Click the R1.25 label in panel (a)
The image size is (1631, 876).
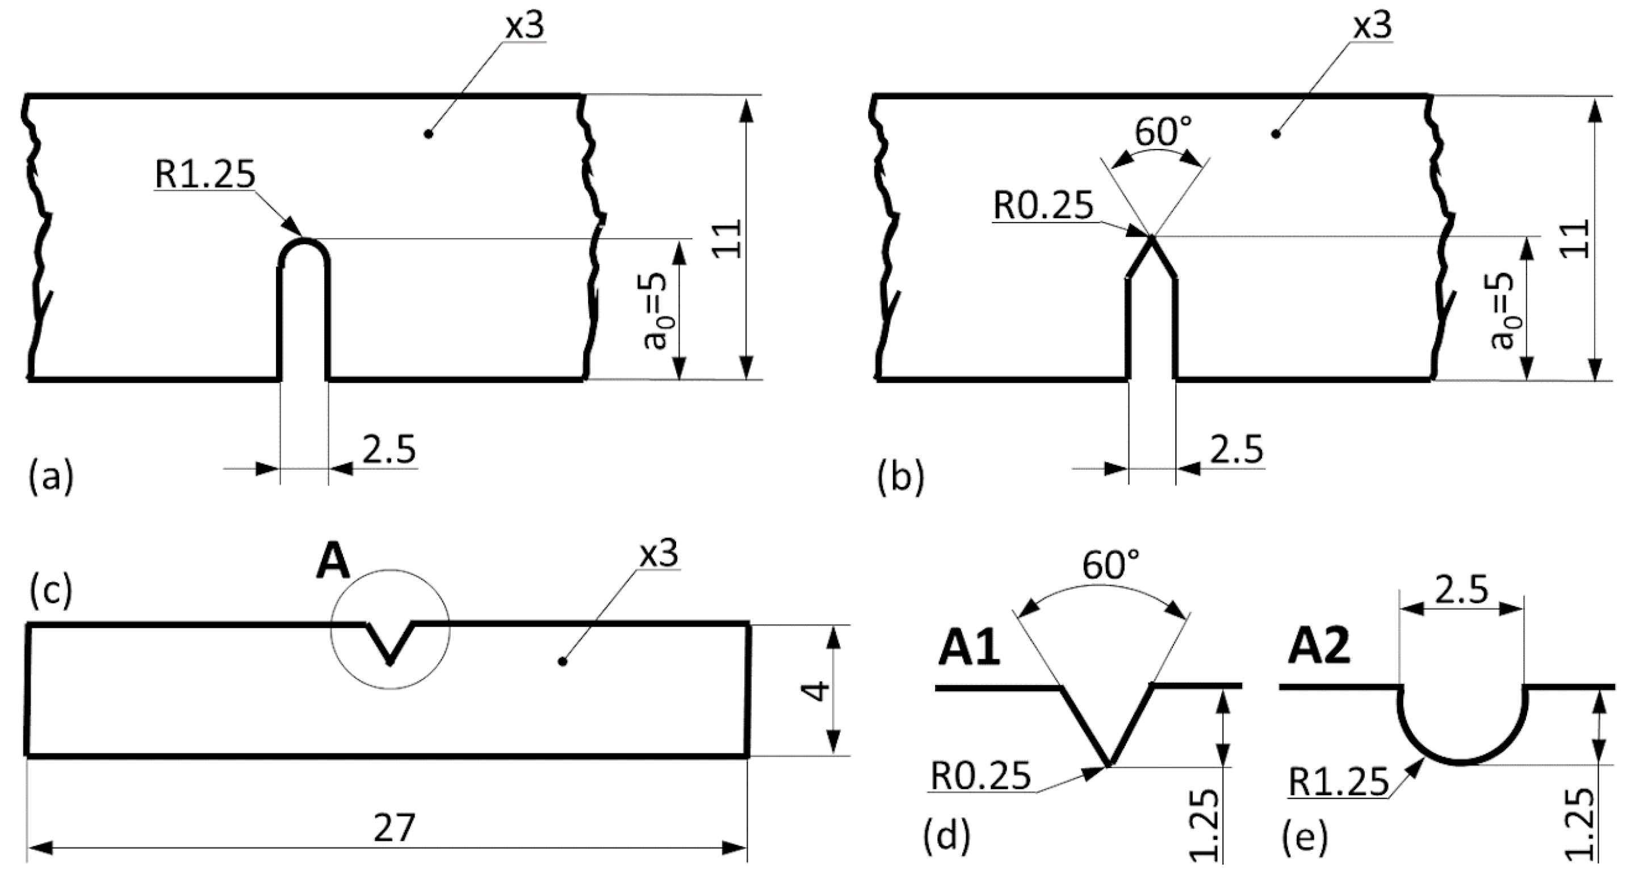click(204, 175)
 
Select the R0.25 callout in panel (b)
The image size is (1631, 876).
click(1043, 206)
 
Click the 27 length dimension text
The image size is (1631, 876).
click(394, 828)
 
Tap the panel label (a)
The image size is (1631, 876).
click(51, 476)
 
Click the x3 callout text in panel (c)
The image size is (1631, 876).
click(659, 555)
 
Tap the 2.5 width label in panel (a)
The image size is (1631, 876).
click(389, 450)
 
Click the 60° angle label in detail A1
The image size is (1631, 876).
click(1110, 566)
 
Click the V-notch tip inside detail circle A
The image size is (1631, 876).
click(390, 662)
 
